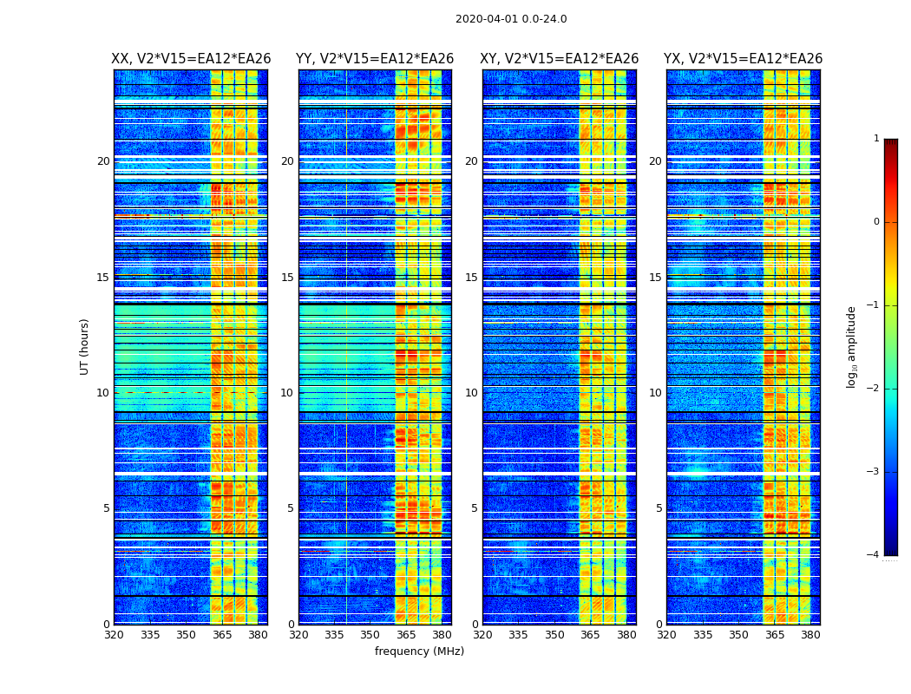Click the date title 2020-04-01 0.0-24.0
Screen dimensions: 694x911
[x=511, y=19]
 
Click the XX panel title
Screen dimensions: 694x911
[x=191, y=59]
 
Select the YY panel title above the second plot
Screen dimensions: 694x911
[x=375, y=59]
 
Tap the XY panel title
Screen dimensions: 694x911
[x=560, y=59]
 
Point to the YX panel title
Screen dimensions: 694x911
[x=743, y=59]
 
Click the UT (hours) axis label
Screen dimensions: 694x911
[x=85, y=346]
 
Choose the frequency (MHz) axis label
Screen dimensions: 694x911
[x=419, y=651]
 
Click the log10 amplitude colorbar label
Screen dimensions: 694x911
[x=852, y=346]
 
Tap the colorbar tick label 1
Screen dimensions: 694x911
[x=876, y=139]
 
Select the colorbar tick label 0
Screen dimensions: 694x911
[x=876, y=222]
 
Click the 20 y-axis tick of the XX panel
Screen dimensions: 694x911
[x=103, y=161]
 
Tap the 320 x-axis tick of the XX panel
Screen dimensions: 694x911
[x=114, y=635]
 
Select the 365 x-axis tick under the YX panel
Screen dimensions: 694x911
[x=775, y=635]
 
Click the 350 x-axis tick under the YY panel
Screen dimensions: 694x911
[x=370, y=635]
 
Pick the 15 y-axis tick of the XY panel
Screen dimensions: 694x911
[x=471, y=278]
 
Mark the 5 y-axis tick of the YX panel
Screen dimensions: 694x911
[x=659, y=508]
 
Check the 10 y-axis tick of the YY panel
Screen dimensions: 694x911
[x=287, y=393]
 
